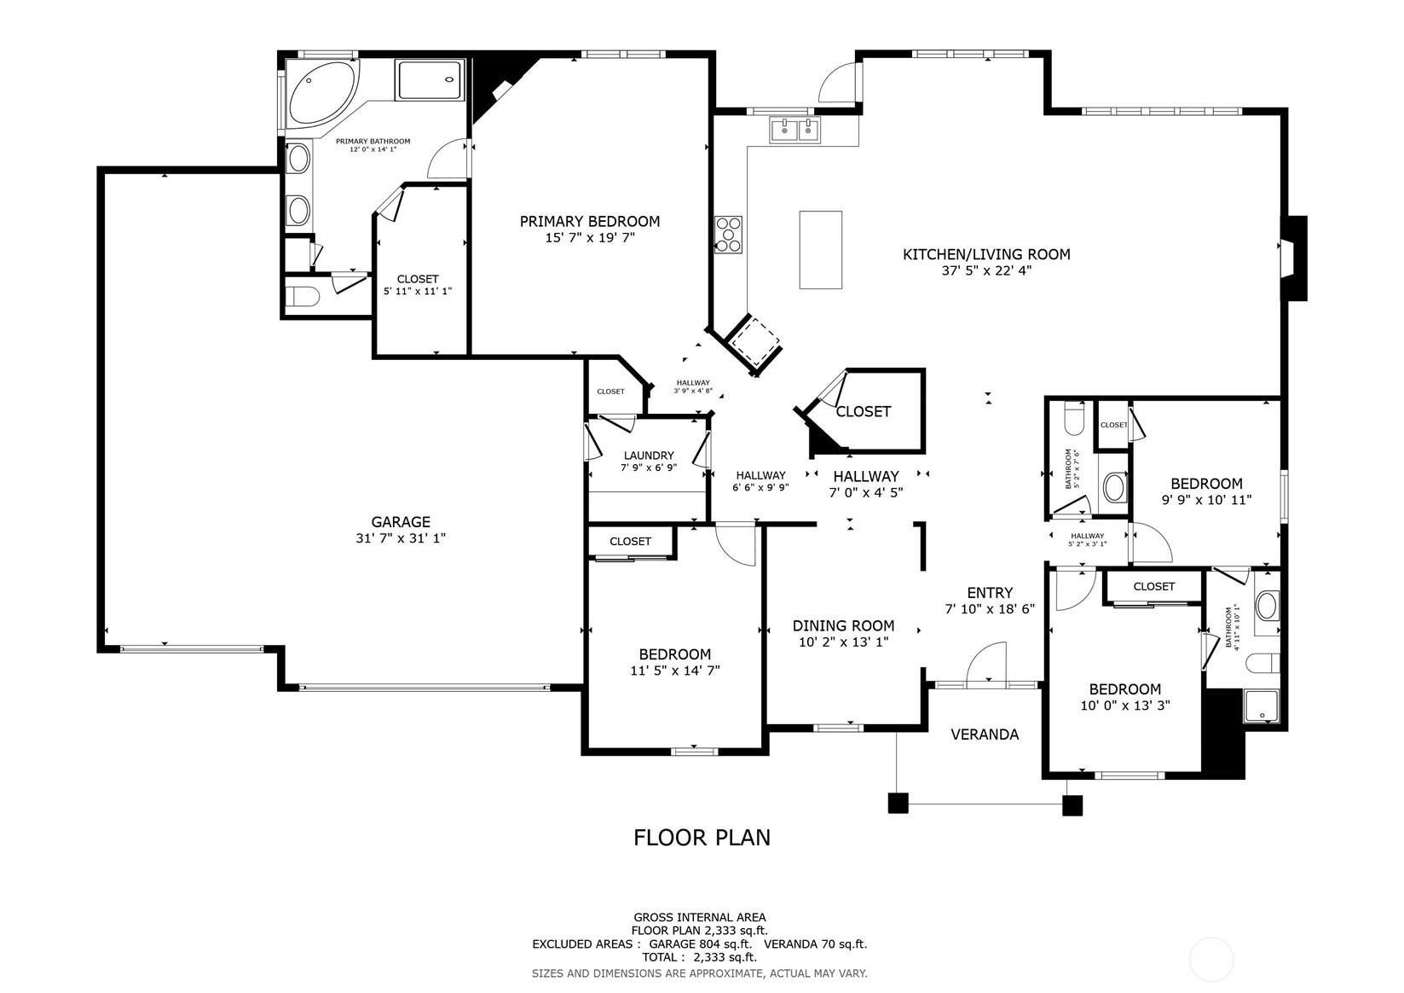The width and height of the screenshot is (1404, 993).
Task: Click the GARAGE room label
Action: [401, 522]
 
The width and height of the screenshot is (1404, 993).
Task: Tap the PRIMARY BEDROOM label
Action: [590, 222]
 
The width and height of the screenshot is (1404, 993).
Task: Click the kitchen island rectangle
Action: [820, 250]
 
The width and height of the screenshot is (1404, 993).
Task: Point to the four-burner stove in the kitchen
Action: [729, 235]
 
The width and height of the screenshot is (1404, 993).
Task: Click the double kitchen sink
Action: [795, 130]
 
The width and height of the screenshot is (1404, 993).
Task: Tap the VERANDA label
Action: [985, 735]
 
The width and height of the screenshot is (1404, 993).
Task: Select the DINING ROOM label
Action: [844, 626]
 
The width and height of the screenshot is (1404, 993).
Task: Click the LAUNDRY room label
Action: [649, 456]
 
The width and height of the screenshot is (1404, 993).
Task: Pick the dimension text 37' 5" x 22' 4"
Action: [986, 271]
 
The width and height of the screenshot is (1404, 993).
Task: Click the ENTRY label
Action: [990, 593]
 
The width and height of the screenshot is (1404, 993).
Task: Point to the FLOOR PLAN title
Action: [702, 838]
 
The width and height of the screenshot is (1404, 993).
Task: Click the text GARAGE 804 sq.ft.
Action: [700, 944]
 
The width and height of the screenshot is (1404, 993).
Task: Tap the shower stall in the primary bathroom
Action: [430, 79]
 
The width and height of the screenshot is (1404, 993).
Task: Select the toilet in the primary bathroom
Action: [303, 296]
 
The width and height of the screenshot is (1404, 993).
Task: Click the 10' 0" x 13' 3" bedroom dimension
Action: [1125, 705]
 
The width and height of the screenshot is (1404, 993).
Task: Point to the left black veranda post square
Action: [898, 804]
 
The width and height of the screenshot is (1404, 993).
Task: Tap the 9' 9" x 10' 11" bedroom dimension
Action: [1206, 500]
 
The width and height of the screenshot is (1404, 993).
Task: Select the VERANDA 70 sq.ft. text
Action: [816, 944]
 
